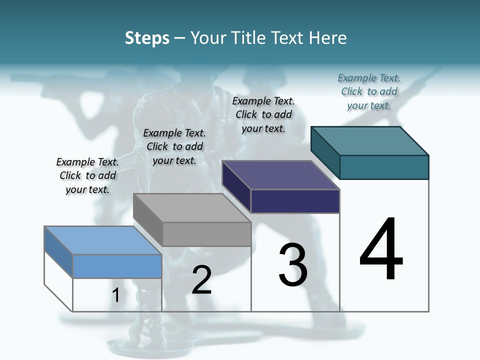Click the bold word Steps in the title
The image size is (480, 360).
(147, 38)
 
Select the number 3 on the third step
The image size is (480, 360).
(293, 264)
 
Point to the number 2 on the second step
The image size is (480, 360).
(201, 280)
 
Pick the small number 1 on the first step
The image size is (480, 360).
(116, 295)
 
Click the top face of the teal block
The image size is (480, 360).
(370, 140)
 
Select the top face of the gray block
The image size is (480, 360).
(192, 208)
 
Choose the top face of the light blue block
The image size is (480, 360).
(103, 240)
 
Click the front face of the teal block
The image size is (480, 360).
(384, 167)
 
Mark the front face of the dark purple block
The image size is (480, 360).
(295, 201)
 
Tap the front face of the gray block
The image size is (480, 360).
(206, 234)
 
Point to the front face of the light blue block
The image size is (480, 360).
(117, 266)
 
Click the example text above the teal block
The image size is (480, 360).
(369, 91)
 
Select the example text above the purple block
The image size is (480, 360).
(263, 114)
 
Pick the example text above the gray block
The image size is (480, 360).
(174, 146)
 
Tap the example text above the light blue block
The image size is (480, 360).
(87, 175)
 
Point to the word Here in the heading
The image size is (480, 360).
(328, 38)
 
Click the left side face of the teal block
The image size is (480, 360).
(325, 152)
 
